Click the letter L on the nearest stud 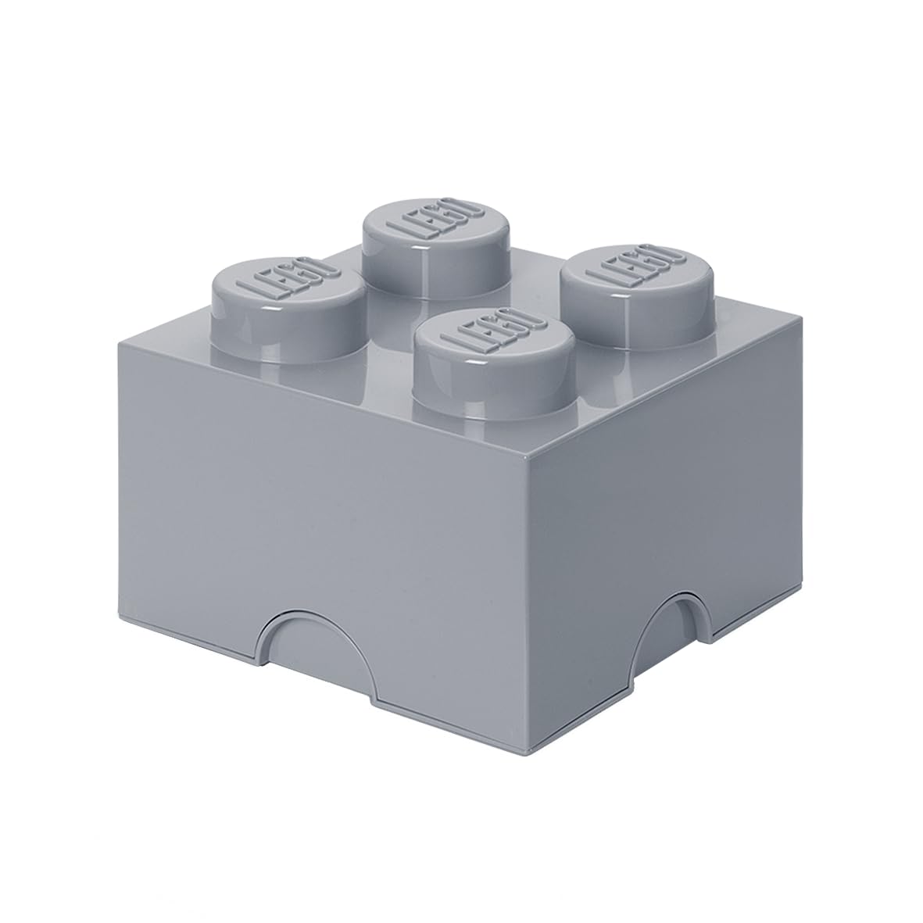coord(453,348)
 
